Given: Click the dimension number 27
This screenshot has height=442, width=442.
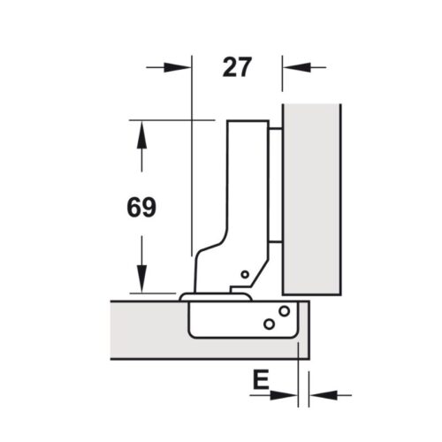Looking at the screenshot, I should pos(236,67).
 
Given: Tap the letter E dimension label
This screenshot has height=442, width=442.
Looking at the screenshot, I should pos(260,381).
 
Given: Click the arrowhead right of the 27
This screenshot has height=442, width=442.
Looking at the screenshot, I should pos(291,66).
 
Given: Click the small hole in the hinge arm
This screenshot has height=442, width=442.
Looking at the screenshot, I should pos(245,275).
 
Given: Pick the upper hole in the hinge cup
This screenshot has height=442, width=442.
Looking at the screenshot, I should pos(284,311).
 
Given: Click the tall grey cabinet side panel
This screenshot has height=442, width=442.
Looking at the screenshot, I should pos(311,199).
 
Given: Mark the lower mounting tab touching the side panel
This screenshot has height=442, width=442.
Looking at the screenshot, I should pos(275,240).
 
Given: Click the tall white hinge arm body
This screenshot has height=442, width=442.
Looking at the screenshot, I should pos(247,194).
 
